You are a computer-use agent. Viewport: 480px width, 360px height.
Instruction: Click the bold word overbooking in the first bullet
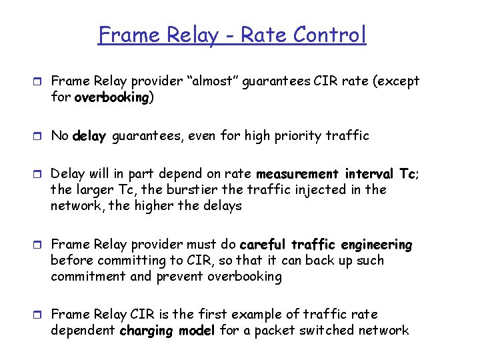tap(111, 97)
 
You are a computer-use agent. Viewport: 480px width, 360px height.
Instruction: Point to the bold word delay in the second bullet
tap(89, 136)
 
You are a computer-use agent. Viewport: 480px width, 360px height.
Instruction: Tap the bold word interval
tap(370, 174)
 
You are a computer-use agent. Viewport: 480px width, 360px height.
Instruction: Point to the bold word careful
tap(264, 245)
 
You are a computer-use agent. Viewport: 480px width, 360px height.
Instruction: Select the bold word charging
tap(147, 330)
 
